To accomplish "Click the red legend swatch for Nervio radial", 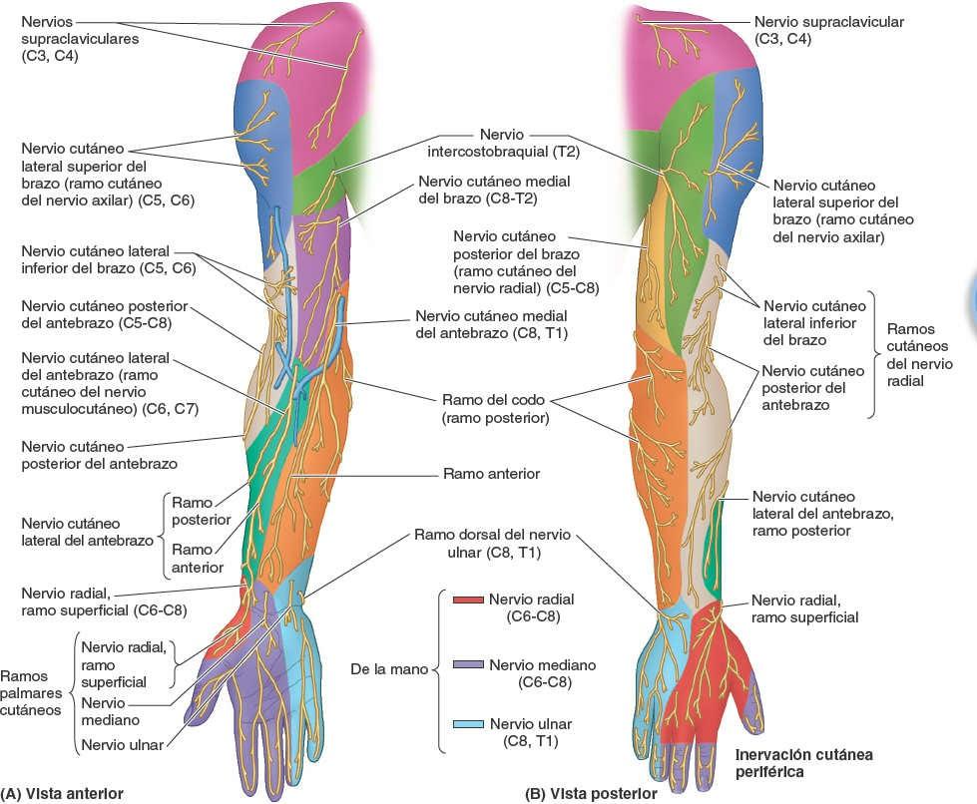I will coord(467,600).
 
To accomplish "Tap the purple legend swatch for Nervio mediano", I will coord(467,664).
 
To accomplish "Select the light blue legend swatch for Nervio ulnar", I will coord(467,724).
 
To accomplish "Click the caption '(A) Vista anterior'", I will coord(63,794).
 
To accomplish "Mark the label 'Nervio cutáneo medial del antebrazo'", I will coord(491,324).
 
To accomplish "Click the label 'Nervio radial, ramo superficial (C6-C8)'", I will coord(104,601).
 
